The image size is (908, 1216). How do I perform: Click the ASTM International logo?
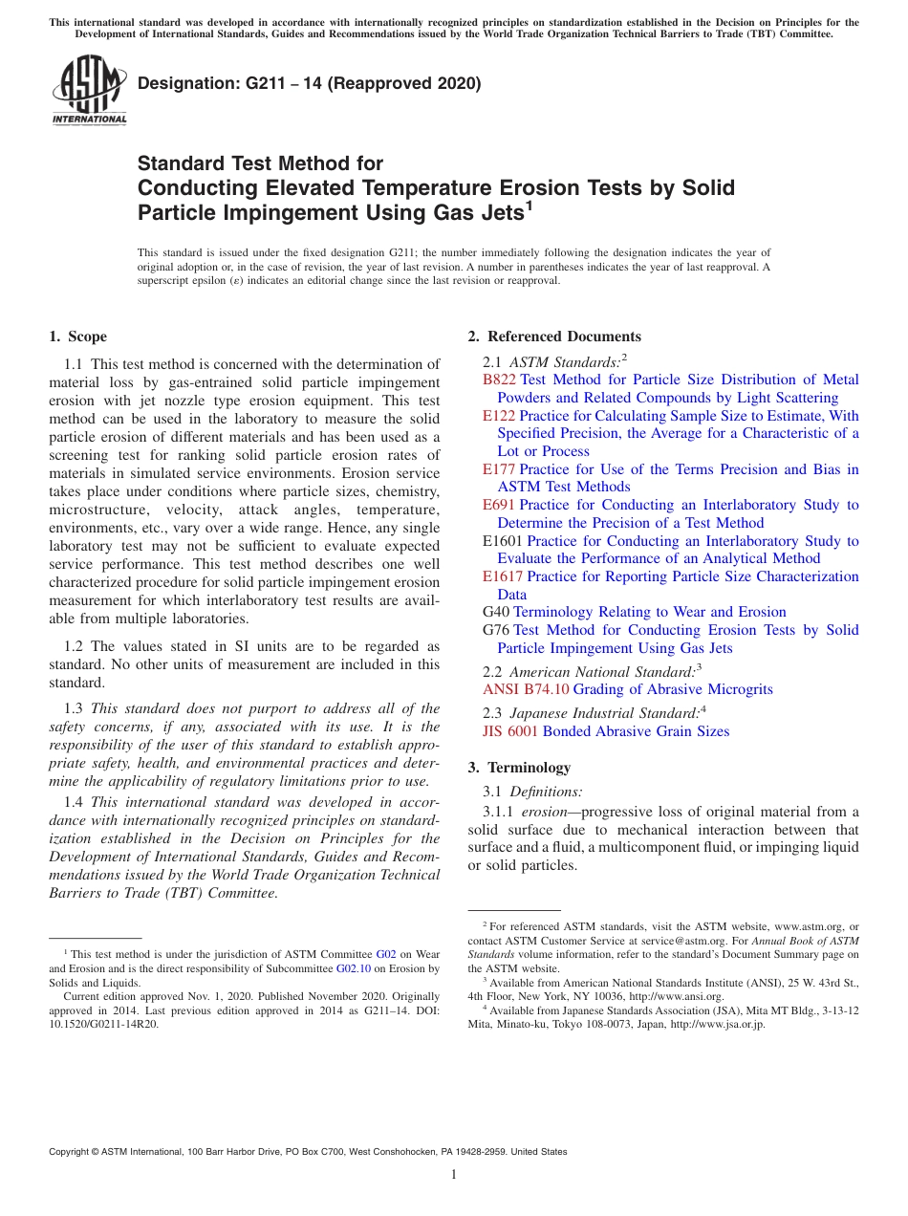click(90, 92)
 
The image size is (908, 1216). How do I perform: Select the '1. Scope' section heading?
click(77, 337)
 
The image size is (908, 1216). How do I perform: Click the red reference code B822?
click(500, 380)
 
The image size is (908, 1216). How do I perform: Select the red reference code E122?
click(499, 416)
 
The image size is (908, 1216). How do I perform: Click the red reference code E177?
click(499, 469)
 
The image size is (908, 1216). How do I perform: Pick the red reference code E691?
click(499, 505)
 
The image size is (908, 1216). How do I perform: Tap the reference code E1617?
click(503, 576)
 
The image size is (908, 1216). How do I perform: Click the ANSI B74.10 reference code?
click(526, 689)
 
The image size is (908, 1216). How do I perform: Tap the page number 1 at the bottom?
click(454, 1175)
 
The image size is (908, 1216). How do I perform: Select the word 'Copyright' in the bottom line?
click(70, 1152)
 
